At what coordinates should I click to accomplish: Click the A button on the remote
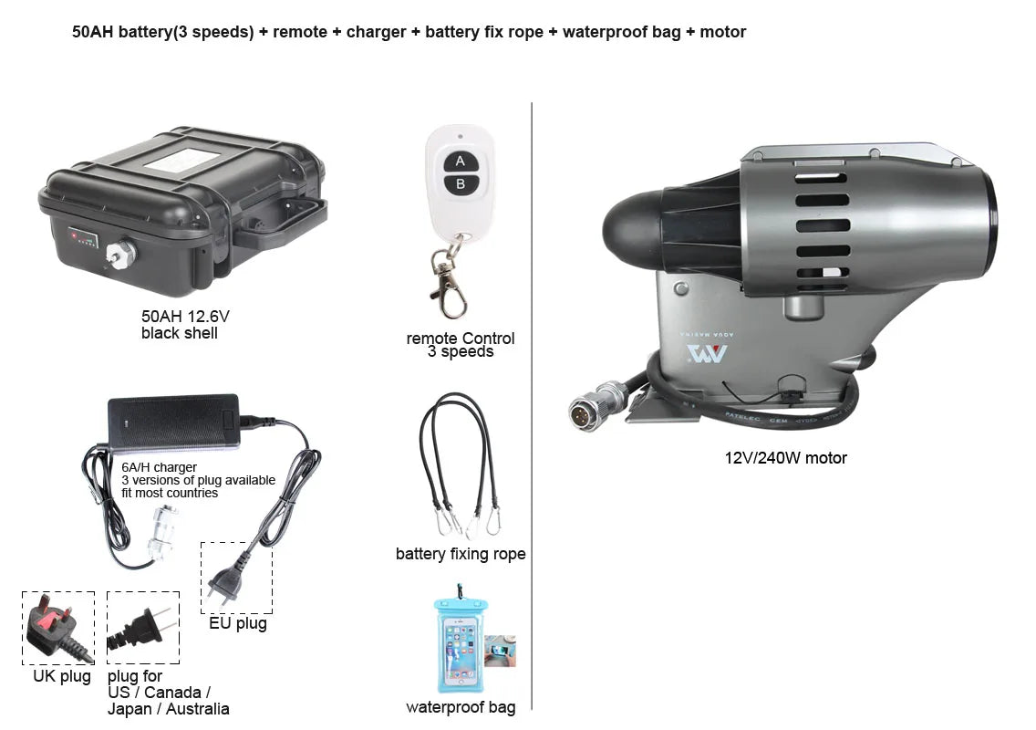click(x=461, y=162)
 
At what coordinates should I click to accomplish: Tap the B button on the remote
click(x=461, y=183)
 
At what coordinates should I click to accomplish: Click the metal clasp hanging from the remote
click(x=449, y=279)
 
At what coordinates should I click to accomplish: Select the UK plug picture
click(x=57, y=628)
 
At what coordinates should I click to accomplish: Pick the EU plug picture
click(x=235, y=578)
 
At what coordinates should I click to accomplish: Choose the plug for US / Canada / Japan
click(x=142, y=628)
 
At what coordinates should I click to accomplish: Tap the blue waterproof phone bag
click(x=459, y=644)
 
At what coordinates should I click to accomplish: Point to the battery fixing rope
click(x=460, y=465)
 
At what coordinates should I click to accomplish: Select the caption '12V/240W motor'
click(x=786, y=458)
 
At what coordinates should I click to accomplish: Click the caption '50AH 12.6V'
click(x=185, y=317)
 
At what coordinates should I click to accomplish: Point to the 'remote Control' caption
click(x=461, y=339)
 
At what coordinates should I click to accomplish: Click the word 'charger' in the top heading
click(x=376, y=32)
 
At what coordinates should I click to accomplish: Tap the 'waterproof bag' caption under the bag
click(x=461, y=707)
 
